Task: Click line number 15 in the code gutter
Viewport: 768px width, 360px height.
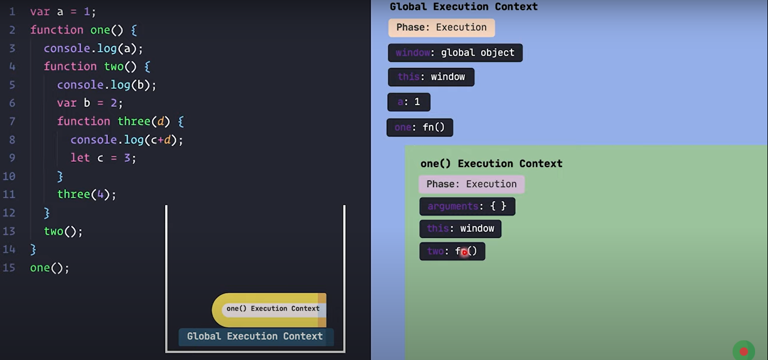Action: click(x=9, y=268)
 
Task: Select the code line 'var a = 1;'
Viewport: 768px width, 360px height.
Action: click(x=63, y=12)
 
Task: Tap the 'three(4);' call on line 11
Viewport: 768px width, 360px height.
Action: click(x=87, y=195)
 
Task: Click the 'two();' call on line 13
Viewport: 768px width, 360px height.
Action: click(x=63, y=231)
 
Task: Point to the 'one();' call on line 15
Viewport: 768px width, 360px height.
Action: click(x=49, y=268)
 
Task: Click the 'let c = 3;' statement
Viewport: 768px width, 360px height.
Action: click(x=103, y=158)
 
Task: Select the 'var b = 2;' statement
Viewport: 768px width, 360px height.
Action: click(x=89, y=103)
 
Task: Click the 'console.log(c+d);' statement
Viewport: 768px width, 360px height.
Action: click(x=127, y=139)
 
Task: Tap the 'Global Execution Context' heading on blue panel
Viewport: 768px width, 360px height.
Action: click(x=463, y=7)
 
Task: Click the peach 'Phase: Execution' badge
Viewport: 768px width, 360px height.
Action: click(x=441, y=28)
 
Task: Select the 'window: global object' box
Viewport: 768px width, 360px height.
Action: click(x=455, y=53)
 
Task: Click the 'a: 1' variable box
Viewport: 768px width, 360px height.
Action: click(x=409, y=102)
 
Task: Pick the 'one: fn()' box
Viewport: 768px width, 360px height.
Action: click(x=419, y=128)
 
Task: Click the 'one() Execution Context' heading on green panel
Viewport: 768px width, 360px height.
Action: click(x=491, y=164)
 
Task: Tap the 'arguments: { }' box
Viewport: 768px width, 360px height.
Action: click(x=467, y=206)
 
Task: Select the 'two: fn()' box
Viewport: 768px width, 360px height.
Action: click(x=452, y=251)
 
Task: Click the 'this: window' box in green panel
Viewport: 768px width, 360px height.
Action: click(x=460, y=229)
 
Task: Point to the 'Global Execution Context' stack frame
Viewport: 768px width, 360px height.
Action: click(x=255, y=336)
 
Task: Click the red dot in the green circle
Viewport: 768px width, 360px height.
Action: click(x=743, y=352)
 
